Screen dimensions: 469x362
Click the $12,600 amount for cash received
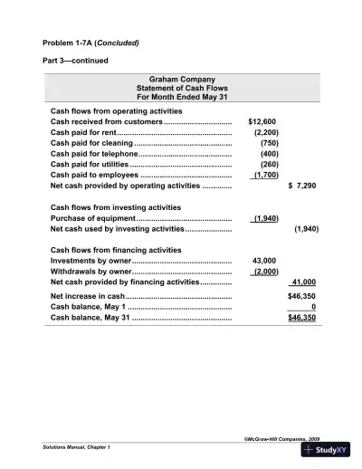262,121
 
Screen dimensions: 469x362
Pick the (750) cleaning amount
268,143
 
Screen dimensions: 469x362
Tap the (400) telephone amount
268,154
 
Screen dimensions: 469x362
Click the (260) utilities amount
268,165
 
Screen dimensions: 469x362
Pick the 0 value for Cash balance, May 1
312,307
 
